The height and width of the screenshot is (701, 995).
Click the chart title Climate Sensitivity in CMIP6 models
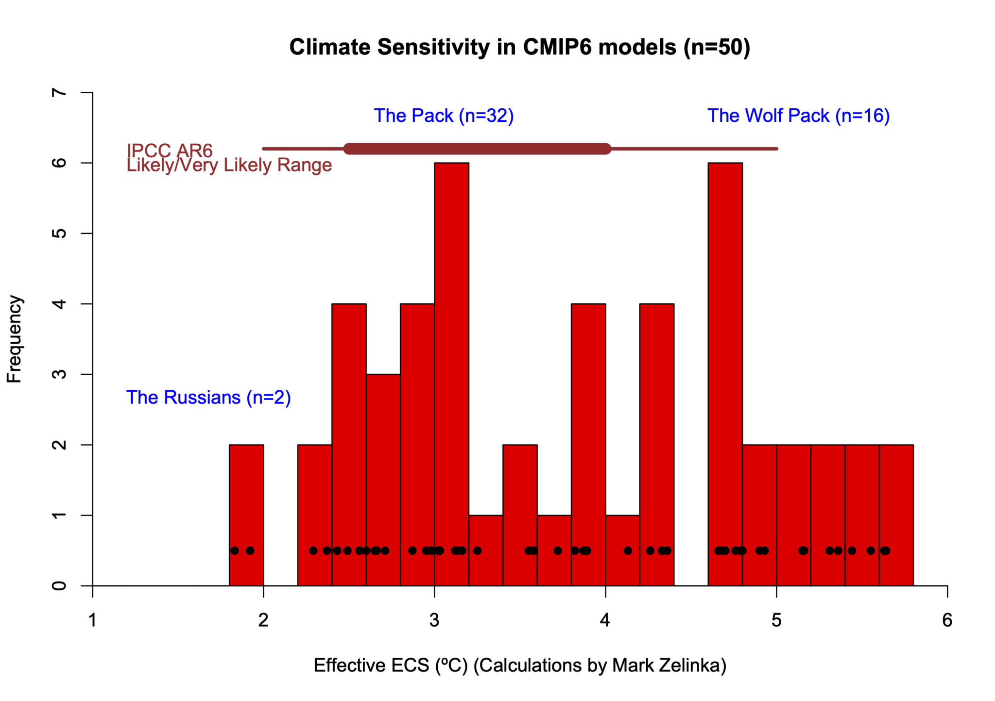(519, 48)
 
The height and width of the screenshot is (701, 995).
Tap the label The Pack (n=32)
(444, 116)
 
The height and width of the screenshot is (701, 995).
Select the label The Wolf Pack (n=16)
(798, 116)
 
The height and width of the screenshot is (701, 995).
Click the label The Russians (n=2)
(208, 397)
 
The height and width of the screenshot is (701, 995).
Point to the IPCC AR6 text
(170, 150)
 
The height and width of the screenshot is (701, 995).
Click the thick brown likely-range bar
(477, 149)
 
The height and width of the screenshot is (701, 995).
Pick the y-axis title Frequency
(14, 339)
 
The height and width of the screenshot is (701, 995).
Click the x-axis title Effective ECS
(519, 665)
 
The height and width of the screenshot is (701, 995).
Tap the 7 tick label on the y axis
(59, 92)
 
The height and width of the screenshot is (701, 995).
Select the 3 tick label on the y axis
(59, 374)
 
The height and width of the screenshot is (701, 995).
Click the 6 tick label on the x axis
(947, 620)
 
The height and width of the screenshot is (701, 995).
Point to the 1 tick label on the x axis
(92, 620)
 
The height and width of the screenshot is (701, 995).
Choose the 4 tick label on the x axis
(605, 620)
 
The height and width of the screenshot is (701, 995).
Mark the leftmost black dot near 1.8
(235, 551)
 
